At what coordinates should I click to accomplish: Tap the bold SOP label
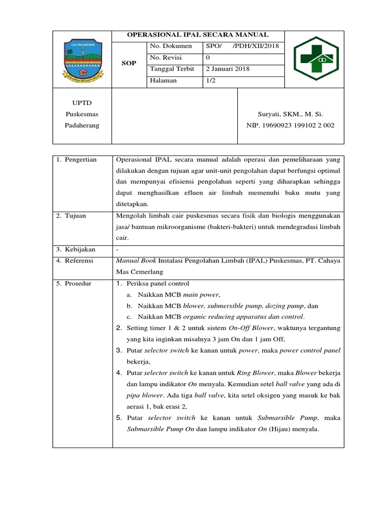(129, 64)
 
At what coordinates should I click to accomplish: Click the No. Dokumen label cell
(167, 46)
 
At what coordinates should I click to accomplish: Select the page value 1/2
(211, 80)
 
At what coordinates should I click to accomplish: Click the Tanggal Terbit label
(172, 69)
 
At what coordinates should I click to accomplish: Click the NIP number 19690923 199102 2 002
(290, 126)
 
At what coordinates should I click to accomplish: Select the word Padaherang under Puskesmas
(82, 126)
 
